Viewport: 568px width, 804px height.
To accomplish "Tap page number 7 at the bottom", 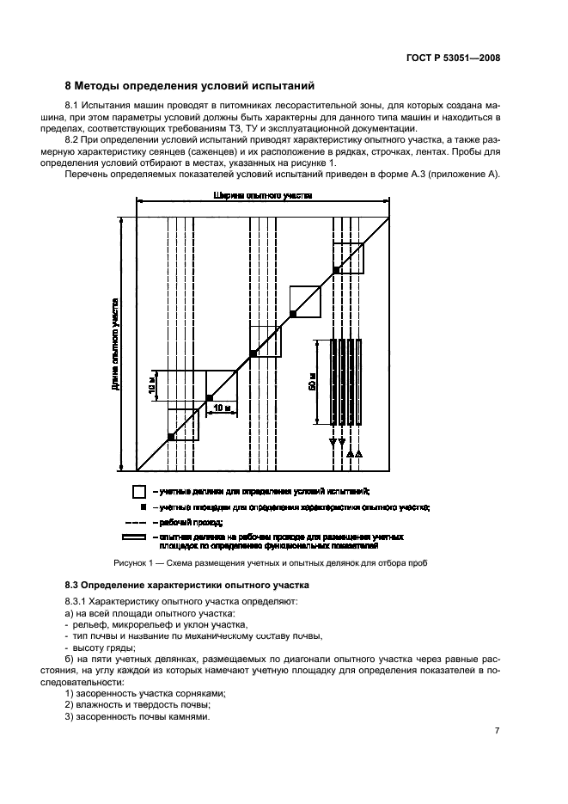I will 497,731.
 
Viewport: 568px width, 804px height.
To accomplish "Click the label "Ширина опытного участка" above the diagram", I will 263,196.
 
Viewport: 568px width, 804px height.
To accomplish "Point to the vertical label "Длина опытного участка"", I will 115,344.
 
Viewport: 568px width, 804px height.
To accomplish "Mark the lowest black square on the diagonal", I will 171,437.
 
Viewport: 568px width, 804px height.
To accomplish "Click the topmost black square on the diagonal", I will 337,270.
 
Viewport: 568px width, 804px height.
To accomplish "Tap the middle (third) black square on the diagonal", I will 253,353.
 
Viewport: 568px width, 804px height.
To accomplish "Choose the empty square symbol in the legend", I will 138,492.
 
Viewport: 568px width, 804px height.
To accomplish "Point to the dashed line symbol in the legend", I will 138,523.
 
